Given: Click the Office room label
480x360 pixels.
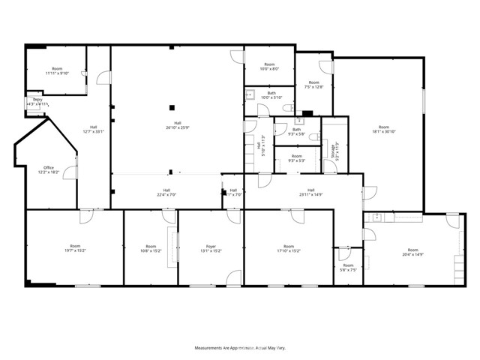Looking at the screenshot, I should point(49,169).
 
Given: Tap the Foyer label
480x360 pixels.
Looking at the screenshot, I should point(211,248).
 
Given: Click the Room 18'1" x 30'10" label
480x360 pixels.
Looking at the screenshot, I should point(384,130).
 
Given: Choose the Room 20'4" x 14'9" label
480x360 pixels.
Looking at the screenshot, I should point(413,252).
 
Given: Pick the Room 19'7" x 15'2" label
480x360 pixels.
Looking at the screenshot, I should point(75,248).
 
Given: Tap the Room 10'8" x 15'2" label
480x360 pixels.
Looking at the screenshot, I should point(151,248).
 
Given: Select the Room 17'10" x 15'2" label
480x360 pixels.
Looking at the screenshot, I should point(289,248).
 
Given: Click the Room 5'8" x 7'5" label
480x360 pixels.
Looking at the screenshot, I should point(348,268).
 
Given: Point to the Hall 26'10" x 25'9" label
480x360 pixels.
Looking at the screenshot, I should point(178,125).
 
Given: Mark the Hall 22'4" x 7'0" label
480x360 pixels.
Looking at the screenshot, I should point(166,193).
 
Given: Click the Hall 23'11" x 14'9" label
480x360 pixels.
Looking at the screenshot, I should point(310,193).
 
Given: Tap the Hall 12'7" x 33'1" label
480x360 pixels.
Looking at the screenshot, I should point(94,130).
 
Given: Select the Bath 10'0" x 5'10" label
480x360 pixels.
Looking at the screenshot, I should point(270,95).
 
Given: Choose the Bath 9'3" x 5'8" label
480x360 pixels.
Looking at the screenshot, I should point(296,132).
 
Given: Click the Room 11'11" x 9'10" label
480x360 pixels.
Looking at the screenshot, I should point(56,71).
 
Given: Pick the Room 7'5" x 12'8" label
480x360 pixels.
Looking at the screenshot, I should point(313,85).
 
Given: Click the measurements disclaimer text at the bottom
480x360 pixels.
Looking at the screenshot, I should point(240,349).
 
